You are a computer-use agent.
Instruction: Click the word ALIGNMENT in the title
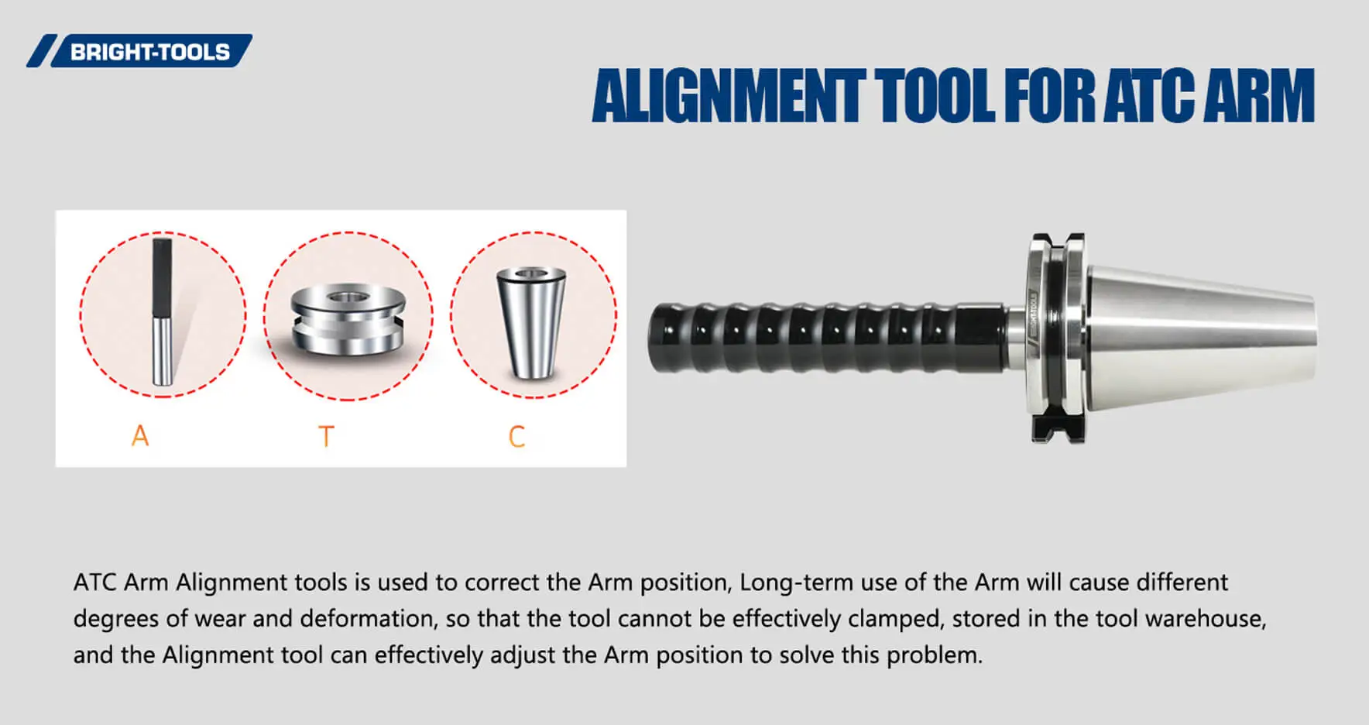[728, 96]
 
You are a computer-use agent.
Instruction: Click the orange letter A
[139, 436]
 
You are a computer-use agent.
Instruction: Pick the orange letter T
[326, 437]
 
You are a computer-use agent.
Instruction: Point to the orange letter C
[516, 437]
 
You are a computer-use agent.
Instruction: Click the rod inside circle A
[162, 310]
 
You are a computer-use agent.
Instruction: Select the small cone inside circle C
[531, 321]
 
